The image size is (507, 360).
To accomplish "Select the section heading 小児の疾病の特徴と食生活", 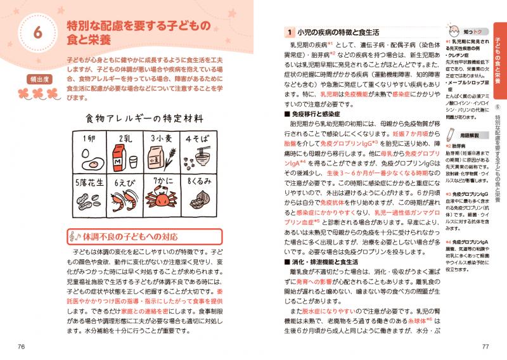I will pyautogui.click(x=335, y=32).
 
